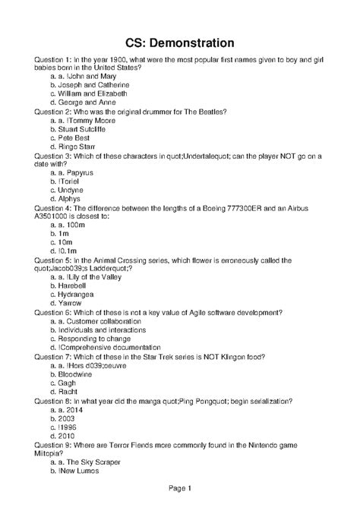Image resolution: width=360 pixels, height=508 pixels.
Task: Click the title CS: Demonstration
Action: (x=180, y=42)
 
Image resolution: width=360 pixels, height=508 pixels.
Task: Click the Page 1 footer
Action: (x=179, y=488)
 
